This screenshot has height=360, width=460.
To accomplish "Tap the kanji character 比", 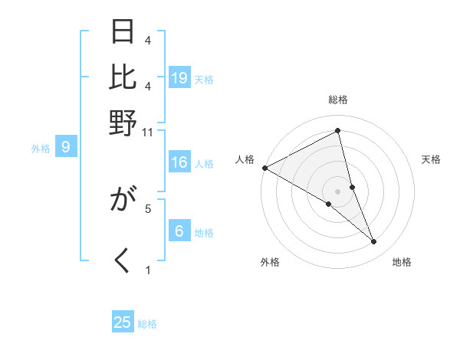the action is pyautogui.click(x=123, y=77).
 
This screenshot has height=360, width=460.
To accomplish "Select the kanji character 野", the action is pyautogui.click(x=123, y=122).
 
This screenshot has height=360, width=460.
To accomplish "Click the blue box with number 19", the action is pyautogui.click(x=179, y=77).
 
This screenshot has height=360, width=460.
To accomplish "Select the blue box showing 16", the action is pyautogui.click(x=179, y=162).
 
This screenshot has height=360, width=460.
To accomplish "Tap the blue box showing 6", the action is pyautogui.click(x=179, y=231).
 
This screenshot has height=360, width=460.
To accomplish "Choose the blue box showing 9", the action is pyautogui.click(x=66, y=147).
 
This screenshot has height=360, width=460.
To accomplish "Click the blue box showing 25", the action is pyautogui.click(x=123, y=322).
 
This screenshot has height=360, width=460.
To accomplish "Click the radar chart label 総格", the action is pyautogui.click(x=338, y=100).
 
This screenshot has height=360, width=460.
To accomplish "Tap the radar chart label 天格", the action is pyautogui.click(x=432, y=159).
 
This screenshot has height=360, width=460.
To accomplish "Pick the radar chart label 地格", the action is pyautogui.click(x=402, y=263).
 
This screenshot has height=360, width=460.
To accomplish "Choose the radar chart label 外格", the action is pyautogui.click(x=270, y=263).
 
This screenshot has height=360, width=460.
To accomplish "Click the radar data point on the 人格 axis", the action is pyautogui.click(x=264, y=168).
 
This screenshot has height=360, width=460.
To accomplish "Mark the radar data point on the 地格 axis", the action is pyautogui.click(x=374, y=242).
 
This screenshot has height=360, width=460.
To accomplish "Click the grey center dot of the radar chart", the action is pyautogui.click(x=338, y=191).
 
